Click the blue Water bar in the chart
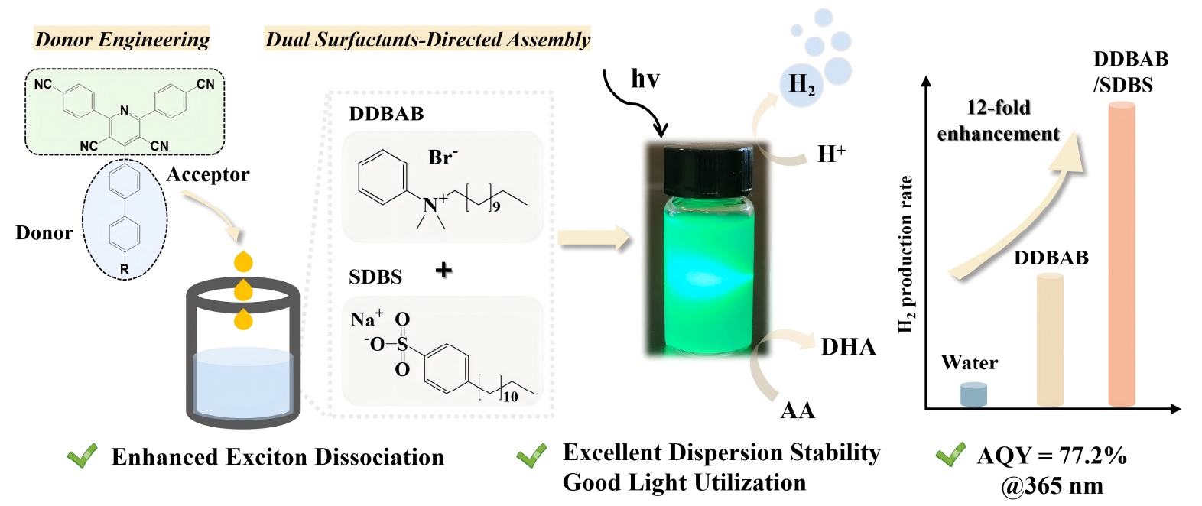click(973, 394)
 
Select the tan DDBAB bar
click(1050, 339)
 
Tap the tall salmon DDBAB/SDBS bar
click(1122, 254)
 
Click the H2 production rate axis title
click(906, 255)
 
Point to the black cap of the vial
click(708, 170)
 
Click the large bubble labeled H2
click(801, 85)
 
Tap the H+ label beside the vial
click(831, 154)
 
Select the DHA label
click(849, 347)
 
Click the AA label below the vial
click(798, 410)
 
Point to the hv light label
click(645, 79)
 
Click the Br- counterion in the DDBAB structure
click(443, 157)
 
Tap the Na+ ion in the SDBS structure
click(367, 318)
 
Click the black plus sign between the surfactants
click(443, 270)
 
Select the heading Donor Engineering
click(122, 39)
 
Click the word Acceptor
click(208, 174)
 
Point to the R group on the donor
click(125, 269)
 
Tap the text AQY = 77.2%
click(1052, 456)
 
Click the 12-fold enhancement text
click(999, 120)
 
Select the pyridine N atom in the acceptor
click(125, 110)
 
